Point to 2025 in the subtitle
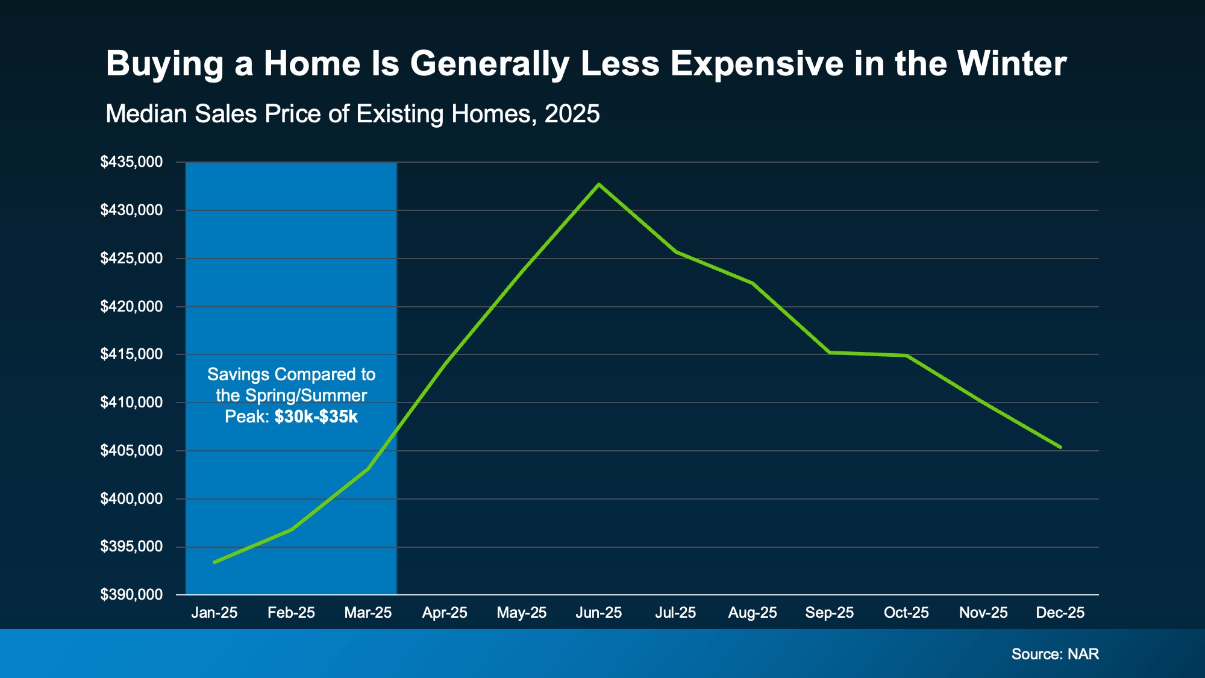(572, 114)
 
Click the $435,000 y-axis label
(131, 162)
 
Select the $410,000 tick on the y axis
(131, 403)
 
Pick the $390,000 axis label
(131, 595)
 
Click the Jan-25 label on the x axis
(214, 613)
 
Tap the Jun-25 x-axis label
(598, 613)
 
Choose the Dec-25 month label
(1060, 613)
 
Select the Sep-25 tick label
(829, 613)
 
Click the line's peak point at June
(598, 184)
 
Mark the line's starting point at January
(214, 562)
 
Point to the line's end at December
(1060, 447)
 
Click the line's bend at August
(753, 283)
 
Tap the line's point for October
(906, 356)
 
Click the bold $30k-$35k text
(316, 417)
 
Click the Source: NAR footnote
(1055, 654)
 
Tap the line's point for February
(292, 530)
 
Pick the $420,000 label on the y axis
(131, 307)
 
